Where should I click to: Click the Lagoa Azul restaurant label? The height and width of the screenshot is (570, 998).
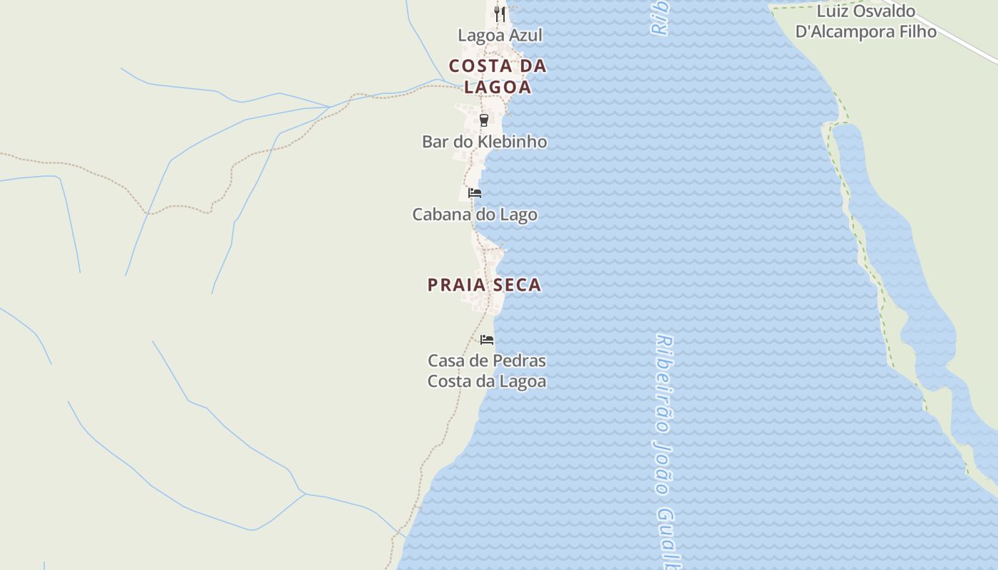pyautogui.click(x=500, y=35)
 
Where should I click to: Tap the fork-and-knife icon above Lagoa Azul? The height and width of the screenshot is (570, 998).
pyautogui.click(x=500, y=14)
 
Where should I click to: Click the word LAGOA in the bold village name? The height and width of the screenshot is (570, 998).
pyautogui.click(x=498, y=88)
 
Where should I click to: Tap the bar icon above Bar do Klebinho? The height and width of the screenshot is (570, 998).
pyautogui.click(x=484, y=120)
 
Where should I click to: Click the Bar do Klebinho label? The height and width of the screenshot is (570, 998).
pyautogui.click(x=484, y=141)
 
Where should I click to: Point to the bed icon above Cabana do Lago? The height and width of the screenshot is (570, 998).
pyautogui.click(x=474, y=192)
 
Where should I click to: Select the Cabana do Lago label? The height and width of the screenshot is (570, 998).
pyautogui.click(x=475, y=214)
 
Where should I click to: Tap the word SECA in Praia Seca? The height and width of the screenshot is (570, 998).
pyautogui.click(x=515, y=285)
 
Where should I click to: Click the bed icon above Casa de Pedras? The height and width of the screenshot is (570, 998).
pyautogui.click(x=487, y=339)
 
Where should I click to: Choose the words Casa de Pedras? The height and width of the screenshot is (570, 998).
pyautogui.click(x=487, y=361)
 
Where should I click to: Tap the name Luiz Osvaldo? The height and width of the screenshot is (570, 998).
pyautogui.click(x=865, y=11)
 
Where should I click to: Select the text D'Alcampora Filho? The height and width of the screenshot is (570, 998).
pyautogui.click(x=865, y=31)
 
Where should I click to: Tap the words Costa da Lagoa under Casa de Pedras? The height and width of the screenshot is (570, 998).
pyautogui.click(x=487, y=381)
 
